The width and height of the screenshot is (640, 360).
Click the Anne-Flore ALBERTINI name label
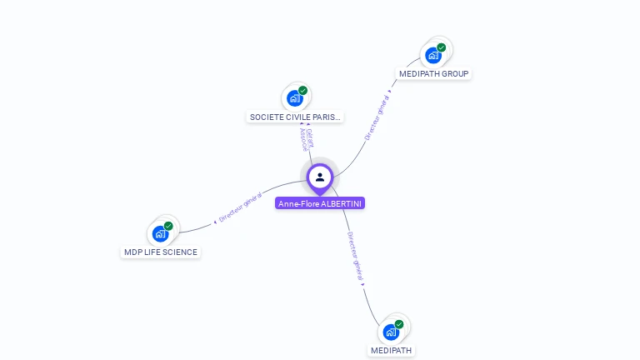tap(320, 203)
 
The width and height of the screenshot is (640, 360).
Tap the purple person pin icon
tap(320, 177)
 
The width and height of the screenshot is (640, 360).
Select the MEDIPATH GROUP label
tap(434, 74)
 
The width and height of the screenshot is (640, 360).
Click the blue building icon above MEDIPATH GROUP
tap(432, 56)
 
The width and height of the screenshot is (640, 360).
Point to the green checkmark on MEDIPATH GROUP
tap(442, 47)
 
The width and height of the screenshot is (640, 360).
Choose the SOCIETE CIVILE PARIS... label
tap(296, 117)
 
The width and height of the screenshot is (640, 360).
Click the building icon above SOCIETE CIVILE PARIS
tap(294, 98)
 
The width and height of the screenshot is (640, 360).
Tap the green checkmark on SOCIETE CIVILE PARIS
tap(303, 90)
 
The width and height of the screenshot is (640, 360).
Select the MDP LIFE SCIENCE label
tap(161, 252)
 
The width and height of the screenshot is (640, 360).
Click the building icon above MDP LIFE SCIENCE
tap(160, 234)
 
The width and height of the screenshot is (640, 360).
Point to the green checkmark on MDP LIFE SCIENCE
tap(168, 226)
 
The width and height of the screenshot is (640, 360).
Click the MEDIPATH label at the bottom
tap(391, 351)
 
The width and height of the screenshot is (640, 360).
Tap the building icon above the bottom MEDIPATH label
tap(390, 332)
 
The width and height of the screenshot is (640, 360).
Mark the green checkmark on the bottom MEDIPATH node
tap(399, 324)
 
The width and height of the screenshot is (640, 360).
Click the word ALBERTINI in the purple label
tap(342, 203)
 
